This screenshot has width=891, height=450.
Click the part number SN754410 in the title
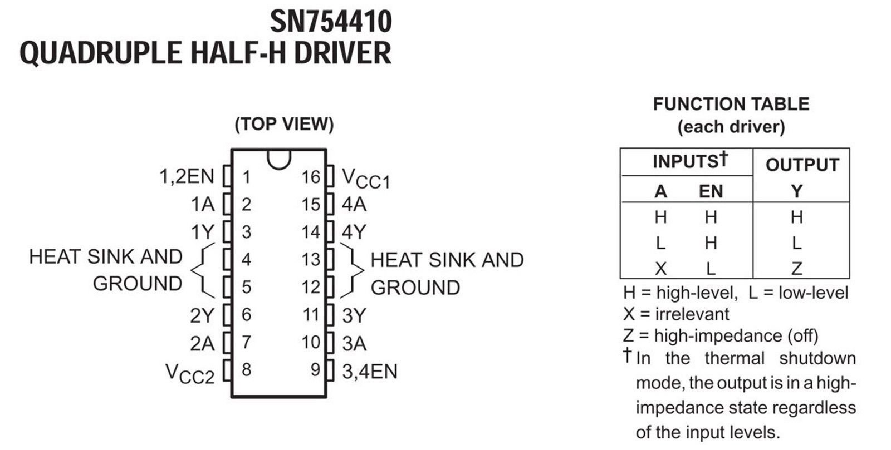point(331,22)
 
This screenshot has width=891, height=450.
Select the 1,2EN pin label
point(187,176)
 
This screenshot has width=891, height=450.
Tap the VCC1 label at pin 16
point(366,179)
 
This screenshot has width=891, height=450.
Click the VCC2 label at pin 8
point(190,374)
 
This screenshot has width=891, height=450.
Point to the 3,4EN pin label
point(370,372)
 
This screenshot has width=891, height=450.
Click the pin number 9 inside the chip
point(315,370)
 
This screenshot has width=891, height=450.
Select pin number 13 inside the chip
point(311,259)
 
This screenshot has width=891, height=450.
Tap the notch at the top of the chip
point(279,160)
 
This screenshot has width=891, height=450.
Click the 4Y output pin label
point(354,232)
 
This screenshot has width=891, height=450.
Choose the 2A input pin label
point(202,344)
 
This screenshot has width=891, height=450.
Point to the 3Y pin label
point(354,315)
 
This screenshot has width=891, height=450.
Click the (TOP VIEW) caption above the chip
point(284,124)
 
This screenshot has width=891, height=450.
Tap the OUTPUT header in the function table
point(802,165)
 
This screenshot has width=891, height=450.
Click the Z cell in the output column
point(797,269)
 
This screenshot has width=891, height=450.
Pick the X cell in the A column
point(660,269)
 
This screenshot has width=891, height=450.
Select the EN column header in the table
point(711,191)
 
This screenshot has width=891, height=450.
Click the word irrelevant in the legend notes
point(692,314)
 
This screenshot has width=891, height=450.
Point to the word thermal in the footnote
point(735,358)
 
